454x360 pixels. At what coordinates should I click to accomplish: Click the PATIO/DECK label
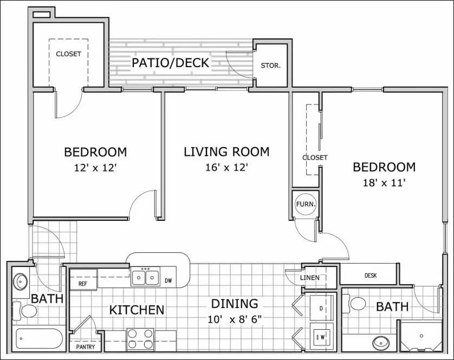click(x=171, y=63)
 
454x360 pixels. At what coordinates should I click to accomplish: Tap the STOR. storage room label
click(x=270, y=66)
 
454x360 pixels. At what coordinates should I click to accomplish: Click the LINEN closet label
click(x=309, y=278)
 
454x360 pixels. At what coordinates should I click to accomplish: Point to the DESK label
click(x=371, y=276)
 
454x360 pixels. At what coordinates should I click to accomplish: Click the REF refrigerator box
click(x=83, y=283)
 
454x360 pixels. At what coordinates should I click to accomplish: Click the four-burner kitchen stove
click(x=140, y=339)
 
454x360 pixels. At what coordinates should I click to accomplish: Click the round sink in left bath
click(x=21, y=282)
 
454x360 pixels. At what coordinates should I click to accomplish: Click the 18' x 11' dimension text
click(x=384, y=183)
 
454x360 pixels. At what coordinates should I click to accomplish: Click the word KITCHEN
click(x=137, y=310)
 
